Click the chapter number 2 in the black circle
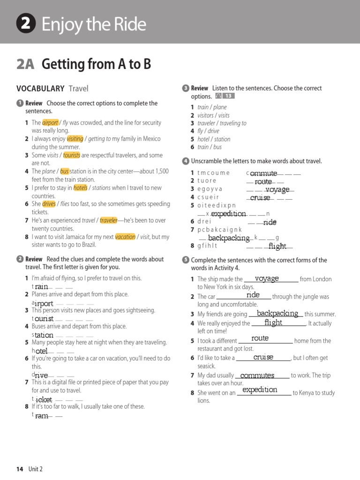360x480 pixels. point(26,24)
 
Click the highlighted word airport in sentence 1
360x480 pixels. point(50,122)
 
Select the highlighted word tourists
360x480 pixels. point(72,155)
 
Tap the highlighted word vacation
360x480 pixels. point(125,237)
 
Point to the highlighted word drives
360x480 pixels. point(49,204)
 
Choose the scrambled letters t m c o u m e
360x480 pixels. point(213,172)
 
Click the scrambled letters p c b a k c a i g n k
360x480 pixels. point(219,230)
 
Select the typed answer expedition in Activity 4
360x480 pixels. point(228,214)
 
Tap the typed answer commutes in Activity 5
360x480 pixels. point(257,375)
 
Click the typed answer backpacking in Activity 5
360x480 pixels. point(277,313)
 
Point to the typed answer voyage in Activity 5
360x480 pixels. point(267,278)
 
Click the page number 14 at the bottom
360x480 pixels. point(20,469)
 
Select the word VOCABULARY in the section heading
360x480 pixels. point(40,88)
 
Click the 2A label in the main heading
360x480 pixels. point(25,64)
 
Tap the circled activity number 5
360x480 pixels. point(186,260)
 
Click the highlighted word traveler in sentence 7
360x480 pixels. point(108,220)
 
